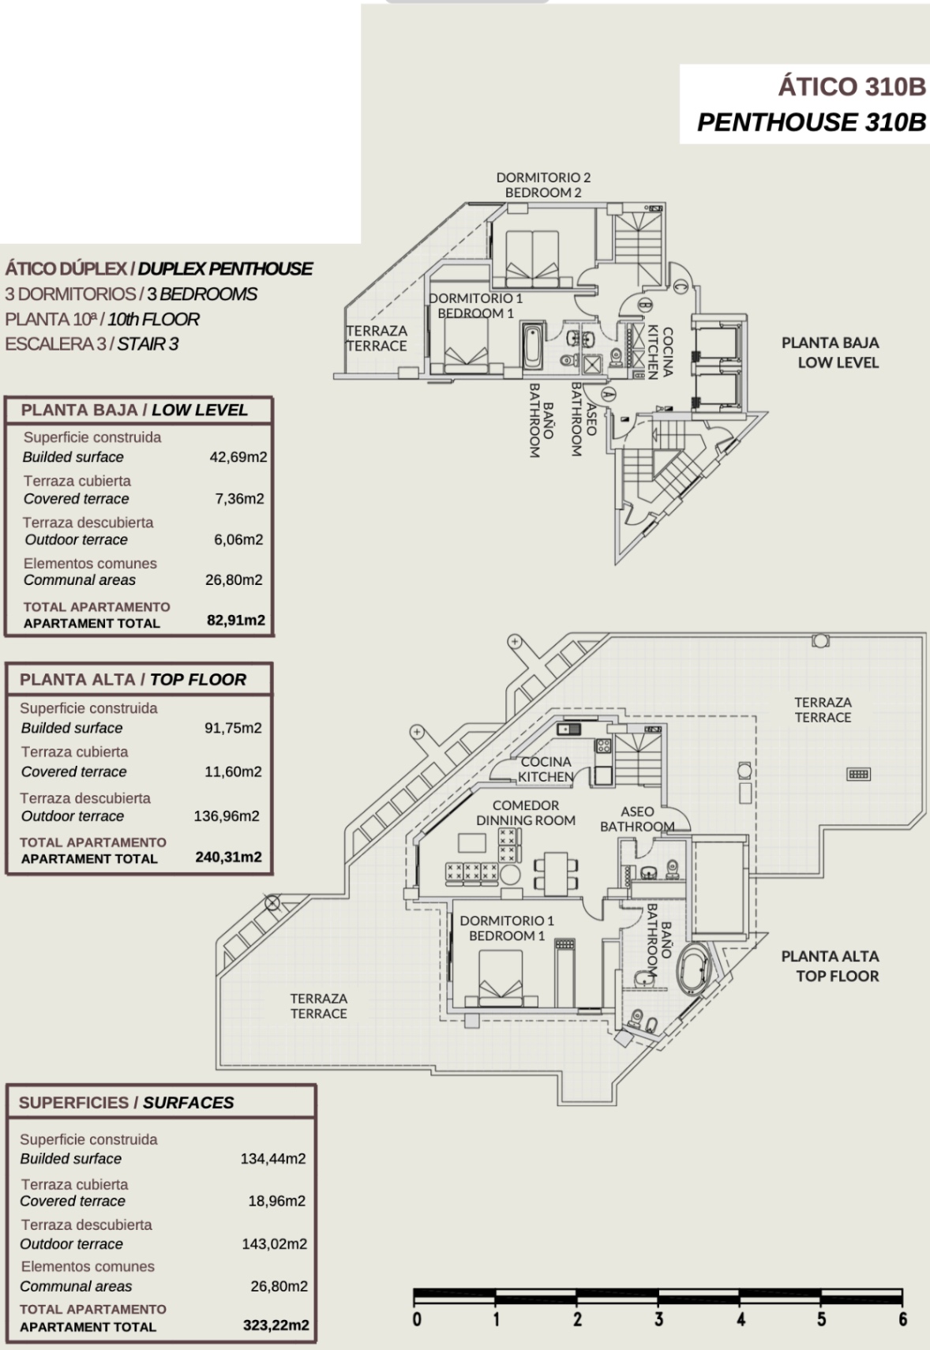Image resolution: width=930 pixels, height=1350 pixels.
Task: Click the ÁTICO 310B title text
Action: [851, 86]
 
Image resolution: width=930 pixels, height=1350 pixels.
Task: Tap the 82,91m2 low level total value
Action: [236, 621]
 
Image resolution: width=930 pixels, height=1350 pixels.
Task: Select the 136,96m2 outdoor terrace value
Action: [227, 816]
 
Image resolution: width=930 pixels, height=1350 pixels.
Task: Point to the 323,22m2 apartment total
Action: [276, 1326]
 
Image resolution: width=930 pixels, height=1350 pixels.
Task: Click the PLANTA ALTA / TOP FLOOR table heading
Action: [133, 680]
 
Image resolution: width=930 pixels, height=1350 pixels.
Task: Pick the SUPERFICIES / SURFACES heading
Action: [126, 1103]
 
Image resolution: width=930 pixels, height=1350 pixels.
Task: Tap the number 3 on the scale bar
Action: [658, 1319]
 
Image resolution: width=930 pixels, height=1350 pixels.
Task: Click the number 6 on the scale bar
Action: [902, 1319]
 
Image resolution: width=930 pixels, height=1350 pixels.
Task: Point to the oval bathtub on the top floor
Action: [695, 967]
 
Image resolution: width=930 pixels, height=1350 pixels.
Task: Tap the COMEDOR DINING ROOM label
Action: [526, 813]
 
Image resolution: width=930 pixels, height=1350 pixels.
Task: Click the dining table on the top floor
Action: [557, 873]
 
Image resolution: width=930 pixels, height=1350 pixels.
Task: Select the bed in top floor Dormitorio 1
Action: [500, 977]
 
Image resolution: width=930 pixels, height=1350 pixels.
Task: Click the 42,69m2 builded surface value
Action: [238, 457]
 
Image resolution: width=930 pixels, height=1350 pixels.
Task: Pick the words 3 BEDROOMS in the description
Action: [202, 294]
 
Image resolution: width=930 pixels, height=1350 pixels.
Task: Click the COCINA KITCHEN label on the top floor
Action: [546, 769]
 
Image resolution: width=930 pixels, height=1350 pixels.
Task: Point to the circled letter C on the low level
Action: [680, 287]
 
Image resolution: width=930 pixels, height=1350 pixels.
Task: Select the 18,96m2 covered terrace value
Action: [276, 1201]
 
